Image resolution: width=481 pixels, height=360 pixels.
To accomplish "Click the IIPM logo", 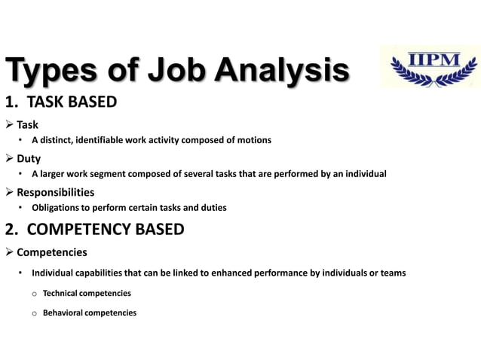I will coord(430,67).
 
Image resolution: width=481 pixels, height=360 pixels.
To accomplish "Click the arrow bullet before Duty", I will coord(10,159).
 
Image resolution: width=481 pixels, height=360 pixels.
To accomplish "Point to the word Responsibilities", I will coord(56,192).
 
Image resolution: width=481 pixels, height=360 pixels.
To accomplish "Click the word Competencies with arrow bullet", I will coord(52,252).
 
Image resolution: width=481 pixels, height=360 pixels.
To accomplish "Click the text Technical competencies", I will coord(87,293).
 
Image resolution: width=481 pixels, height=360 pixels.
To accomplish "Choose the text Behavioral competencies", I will coord(90,313).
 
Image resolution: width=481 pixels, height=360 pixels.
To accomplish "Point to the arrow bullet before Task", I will coord(10,125).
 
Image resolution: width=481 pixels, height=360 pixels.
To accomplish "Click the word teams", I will coord(393,273).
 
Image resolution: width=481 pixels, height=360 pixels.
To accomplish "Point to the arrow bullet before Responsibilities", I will coord(10,192).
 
